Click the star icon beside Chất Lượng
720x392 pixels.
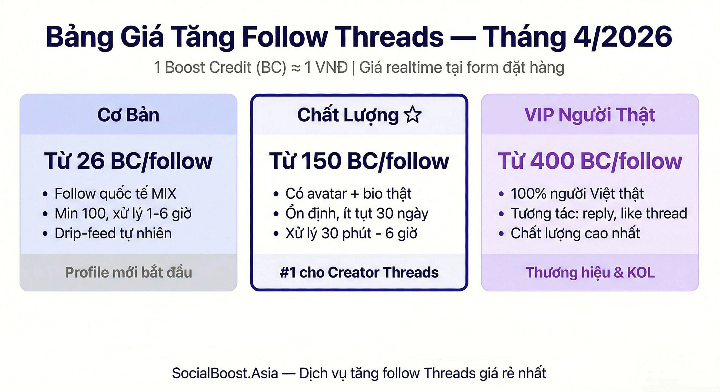click(413, 115)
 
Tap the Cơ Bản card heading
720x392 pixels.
click(128, 115)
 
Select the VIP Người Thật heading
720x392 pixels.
click(590, 115)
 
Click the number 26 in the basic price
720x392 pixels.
click(91, 161)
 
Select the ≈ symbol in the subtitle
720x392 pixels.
click(295, 68)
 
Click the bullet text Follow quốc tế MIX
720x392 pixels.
click(115, 193)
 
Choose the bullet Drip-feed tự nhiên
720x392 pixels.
click(113, 233)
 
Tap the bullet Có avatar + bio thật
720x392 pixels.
click(348, 193)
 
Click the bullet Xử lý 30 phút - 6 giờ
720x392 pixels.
click(351, 233)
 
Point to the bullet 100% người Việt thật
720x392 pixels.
click(577, 193)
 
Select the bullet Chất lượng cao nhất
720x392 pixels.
click(575, 233)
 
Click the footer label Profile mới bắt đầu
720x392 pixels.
click(128, 272)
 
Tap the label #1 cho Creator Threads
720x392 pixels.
click(359, 272)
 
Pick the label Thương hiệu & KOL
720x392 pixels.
click(590, 272)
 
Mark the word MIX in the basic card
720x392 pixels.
click(164, 193)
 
